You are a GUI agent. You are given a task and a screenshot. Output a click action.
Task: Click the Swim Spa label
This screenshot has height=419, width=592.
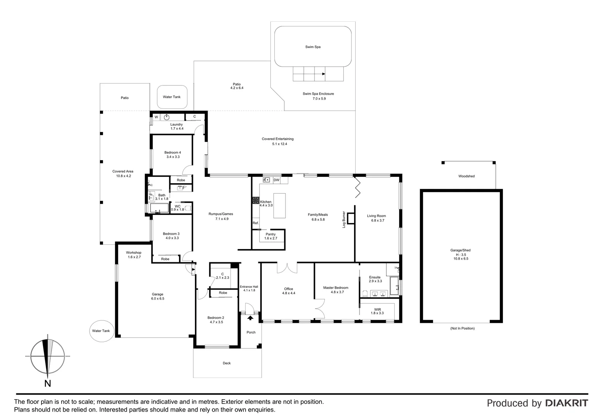click(x=313, y=47)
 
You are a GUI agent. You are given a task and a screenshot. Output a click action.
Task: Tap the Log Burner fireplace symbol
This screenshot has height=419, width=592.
click(x=351, y=218)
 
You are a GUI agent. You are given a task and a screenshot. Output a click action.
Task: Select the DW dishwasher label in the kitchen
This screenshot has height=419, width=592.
click(x=277, y=180)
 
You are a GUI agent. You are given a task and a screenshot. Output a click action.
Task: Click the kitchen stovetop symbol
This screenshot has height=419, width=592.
click(x=256, y=200)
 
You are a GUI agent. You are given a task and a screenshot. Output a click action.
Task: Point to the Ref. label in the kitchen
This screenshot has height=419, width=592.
click(x=256, y=223)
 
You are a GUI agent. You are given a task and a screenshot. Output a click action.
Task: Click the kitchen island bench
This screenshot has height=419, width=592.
click(x=279, y=206)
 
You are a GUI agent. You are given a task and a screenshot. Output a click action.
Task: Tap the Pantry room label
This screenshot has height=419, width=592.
click(x=271, y=234)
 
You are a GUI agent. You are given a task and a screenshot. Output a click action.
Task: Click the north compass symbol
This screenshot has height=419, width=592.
click(x=48, y=356)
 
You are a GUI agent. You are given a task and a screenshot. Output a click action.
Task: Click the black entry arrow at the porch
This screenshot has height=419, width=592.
click(x=250, y=318)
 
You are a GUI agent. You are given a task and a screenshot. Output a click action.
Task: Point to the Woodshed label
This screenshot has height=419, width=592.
click(x=466, y=176)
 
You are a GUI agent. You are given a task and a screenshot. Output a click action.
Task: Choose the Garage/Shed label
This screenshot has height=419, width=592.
click(x=460, y=250)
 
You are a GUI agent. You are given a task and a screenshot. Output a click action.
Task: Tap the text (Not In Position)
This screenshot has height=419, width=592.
click(x=462, y=328)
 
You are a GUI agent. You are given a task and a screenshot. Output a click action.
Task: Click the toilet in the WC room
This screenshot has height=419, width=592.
click(x=188, y=208)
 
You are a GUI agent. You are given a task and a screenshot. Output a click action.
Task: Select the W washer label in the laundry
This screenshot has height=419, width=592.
click(x=156, y=117)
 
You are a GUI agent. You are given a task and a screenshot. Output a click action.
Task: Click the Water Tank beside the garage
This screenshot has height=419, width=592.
click(x=102, y=331)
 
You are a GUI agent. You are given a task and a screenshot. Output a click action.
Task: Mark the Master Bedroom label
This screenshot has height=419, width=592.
click(x=336, y=288)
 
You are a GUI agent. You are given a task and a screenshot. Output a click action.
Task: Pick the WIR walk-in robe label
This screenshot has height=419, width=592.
click(x=377, y=310)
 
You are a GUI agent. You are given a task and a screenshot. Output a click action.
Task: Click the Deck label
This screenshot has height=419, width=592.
click(x=227, y=363)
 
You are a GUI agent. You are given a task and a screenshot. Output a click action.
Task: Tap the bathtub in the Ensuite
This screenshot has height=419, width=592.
click(x=394, y=286)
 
